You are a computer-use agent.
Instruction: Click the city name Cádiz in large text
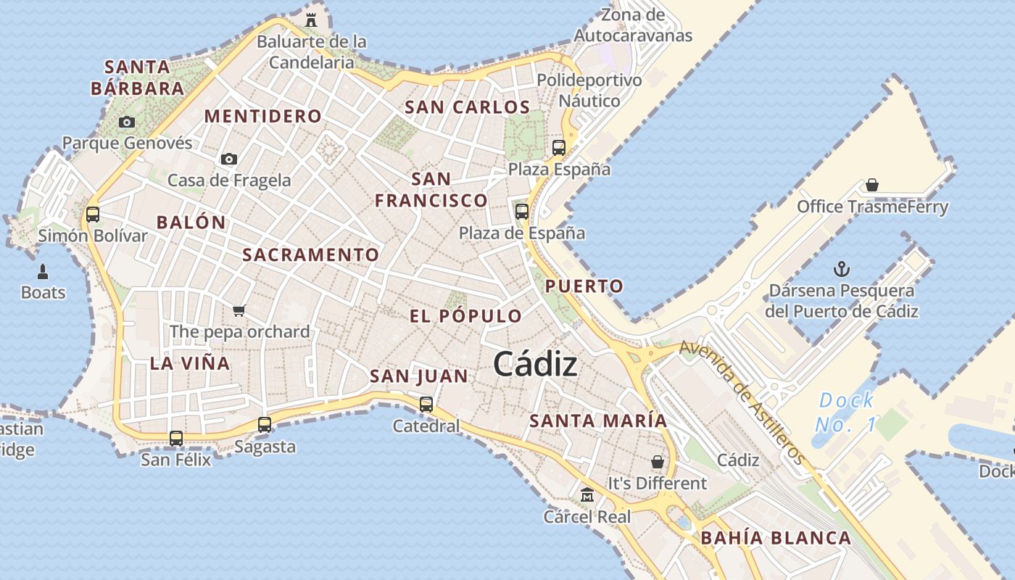pyautogui.click(x=535, y=364)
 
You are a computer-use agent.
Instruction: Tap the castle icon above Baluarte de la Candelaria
pyautogui.click(x=311, y=20)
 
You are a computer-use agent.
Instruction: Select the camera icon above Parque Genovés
pyautogui.click(x=127, y=122)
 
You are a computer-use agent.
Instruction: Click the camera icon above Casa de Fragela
pyautogui.click(x=229, y=159)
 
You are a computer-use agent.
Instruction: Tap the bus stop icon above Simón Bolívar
pyautogui.click(x=93, y=214)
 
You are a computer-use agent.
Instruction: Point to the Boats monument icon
pyautogui.click(x=43, y=272)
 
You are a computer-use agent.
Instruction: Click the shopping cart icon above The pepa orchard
pyautogui.click(x=239, y=310)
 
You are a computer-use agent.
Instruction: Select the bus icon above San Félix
pyautogui.click(x=176, y=438)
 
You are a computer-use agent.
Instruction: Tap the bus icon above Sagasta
pyautogui.click(x=265, y=425)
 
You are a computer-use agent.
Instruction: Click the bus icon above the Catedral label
pyautogui.click(x=426, y=404)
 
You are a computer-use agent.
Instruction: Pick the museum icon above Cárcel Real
pyautogui.click(x=587, y=495)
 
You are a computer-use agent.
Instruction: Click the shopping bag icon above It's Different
pyautogui.click(x=658, y=462)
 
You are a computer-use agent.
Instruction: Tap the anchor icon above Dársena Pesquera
pyautogui.click(x=841, y=270)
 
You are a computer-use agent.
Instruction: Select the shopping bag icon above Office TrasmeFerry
pyautogui.click(x=872, y=186)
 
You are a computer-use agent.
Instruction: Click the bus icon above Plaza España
pyautogui.click(x=559, y=148)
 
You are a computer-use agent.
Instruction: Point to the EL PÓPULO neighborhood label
pyautogui.click(x=465, y=316)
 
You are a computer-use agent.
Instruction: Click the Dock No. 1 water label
pyautogui.click(x=845, y=413)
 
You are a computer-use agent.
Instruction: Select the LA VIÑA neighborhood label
pyautogui.click(x=190, y=363)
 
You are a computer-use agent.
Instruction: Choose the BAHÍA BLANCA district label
pyautogui.click(x=776, y=538)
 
